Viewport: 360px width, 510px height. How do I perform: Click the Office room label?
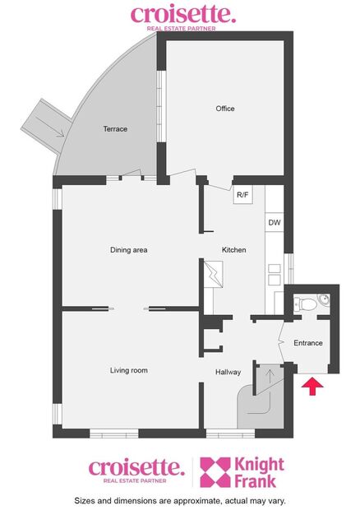point(225,109)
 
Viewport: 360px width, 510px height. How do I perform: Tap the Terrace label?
point(115,129)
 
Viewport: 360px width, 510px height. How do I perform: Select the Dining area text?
point(128,250)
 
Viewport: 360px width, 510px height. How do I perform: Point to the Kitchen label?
point(234,250)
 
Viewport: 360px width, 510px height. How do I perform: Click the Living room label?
point(129,371)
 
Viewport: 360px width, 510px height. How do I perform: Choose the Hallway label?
point(228,373)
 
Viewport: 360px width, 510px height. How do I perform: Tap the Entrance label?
point(308,343)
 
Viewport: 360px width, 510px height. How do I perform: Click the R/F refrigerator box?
point(242,196)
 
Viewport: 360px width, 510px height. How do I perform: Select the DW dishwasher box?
point(274,223)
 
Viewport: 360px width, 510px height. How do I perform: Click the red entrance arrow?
point(312,387)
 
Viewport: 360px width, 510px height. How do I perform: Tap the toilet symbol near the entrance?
point(308,304)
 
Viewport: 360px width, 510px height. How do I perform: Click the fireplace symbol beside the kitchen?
point(214,274)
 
